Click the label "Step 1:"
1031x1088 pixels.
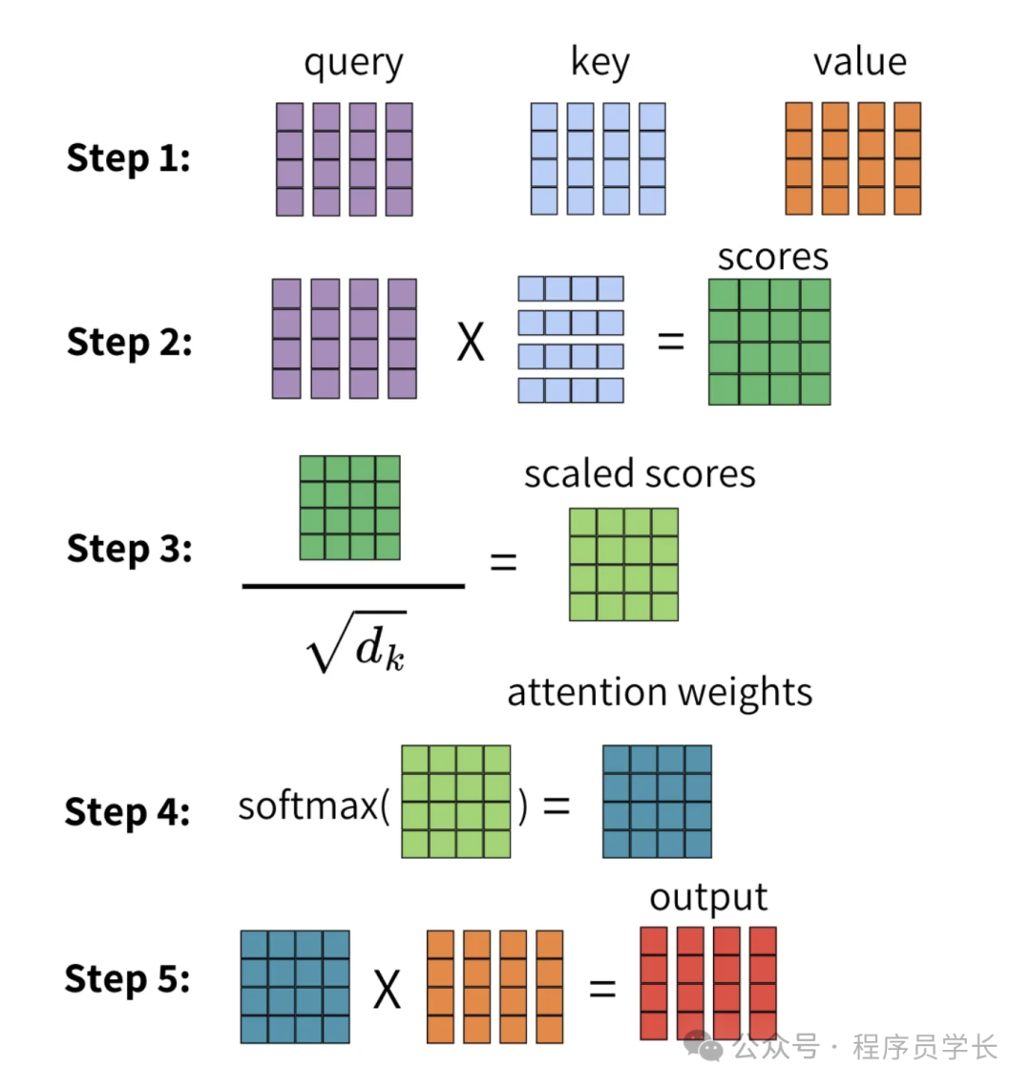[128, 158]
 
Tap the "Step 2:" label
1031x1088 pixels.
[129, 342]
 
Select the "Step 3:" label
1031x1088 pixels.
[129, 549]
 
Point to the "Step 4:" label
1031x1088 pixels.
[127, 812]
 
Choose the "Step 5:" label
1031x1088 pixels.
[127, 979]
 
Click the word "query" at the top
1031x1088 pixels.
[353, 64]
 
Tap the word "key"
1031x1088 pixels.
[600, 62]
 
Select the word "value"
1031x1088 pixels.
[859, 62]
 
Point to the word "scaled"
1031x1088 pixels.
[579, 473]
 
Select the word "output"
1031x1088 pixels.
[708, 897]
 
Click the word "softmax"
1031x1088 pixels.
[308, 806]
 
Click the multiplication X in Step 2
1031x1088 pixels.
[471, 342]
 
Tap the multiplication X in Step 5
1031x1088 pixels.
[387, 989]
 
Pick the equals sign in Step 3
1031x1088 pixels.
[503, 561]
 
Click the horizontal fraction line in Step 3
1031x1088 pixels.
[353, 586]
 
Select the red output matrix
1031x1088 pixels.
[707, 983]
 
